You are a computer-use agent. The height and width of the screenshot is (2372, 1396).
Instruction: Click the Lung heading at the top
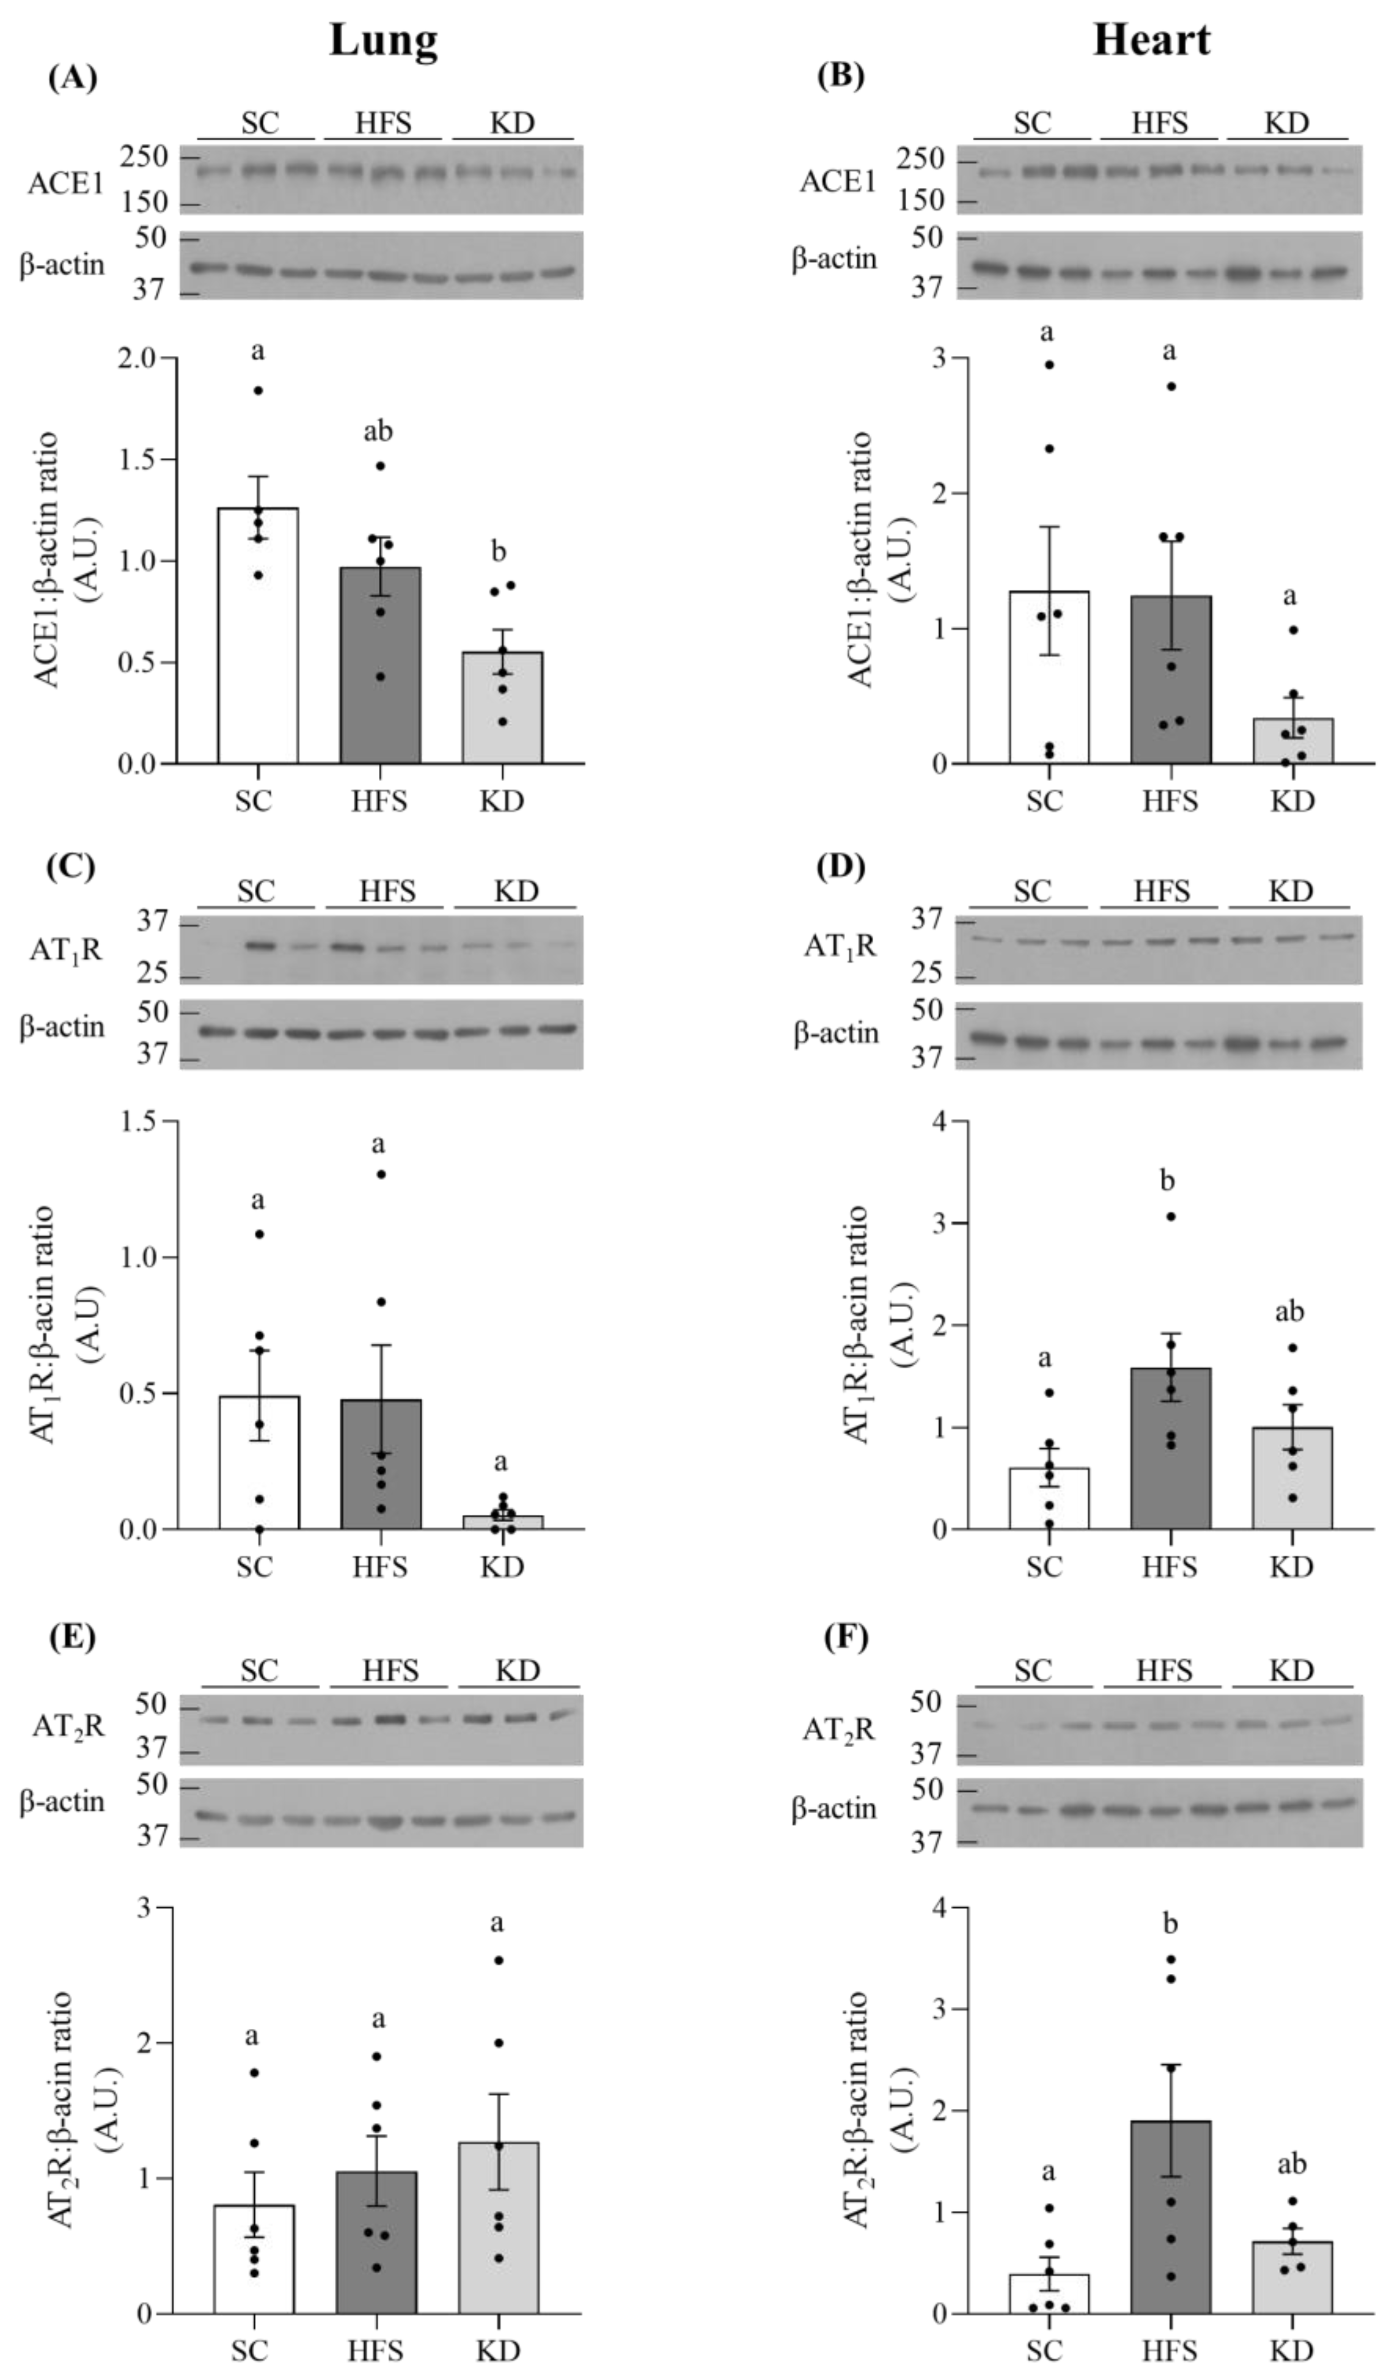pos(383,40)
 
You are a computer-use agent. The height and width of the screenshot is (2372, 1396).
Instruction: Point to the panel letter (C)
pos(72,865)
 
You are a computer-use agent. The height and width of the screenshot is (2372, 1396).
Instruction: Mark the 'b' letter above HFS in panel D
pos(1168,1181)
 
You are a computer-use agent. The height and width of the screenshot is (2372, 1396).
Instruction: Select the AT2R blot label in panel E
pos(68,1725)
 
